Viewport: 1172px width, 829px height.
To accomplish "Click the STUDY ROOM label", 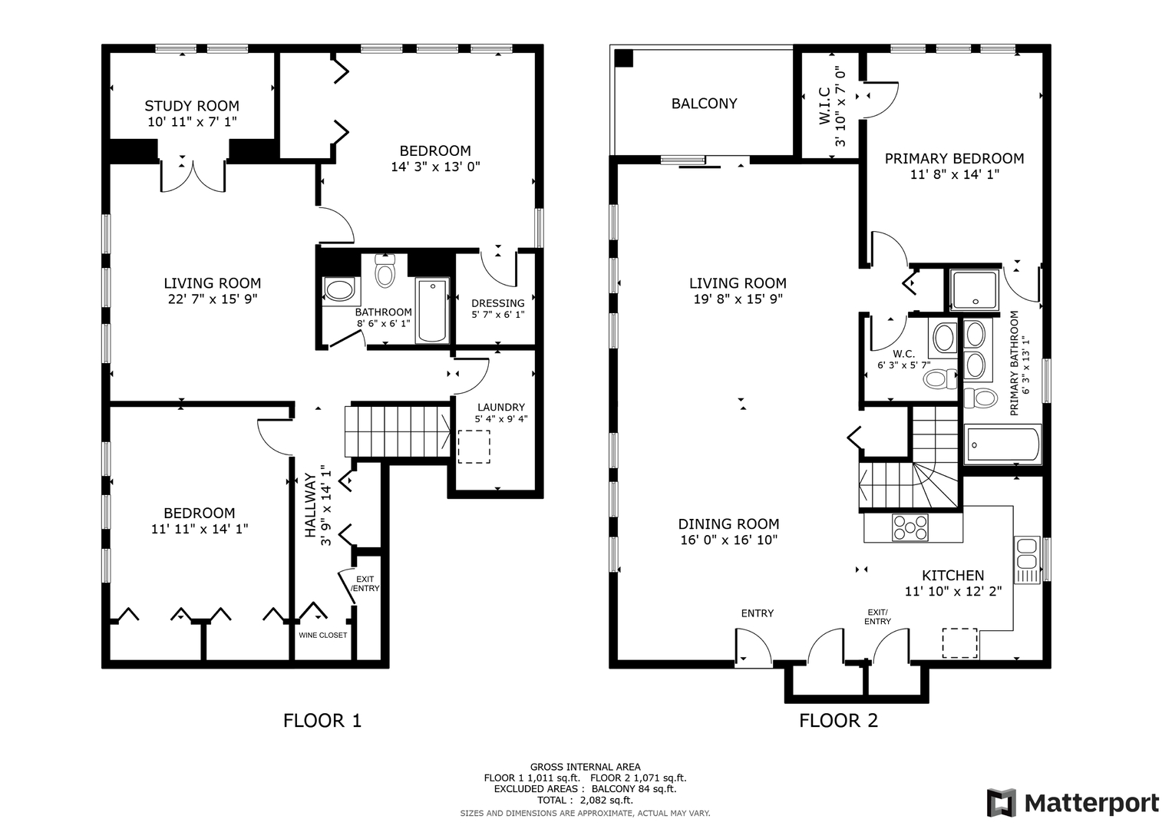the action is point(192,106).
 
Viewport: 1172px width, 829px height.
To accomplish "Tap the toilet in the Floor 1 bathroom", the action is point(385,270).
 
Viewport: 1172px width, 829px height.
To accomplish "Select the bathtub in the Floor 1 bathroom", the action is point(432,310).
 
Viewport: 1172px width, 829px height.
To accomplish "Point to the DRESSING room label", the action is point(497,303).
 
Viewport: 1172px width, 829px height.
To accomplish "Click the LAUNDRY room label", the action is point(500,407).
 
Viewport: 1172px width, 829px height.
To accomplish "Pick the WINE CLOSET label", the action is point(323,636).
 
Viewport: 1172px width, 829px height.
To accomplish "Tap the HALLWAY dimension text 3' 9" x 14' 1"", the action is point(326,506).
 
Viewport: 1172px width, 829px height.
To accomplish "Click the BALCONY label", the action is point(705,104).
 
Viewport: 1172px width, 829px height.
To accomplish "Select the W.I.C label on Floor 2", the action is point(825,106).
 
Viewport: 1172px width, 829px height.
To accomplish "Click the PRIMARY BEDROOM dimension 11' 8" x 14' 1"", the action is point(954,174).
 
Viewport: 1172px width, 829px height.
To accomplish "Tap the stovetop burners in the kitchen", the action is point(910,527).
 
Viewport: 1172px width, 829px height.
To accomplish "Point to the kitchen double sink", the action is point(1027,560).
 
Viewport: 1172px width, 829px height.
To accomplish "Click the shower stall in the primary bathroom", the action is point(974,289).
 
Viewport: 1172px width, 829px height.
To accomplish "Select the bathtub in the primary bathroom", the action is point(1002,445).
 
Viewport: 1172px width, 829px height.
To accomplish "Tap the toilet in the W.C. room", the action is point(941,378).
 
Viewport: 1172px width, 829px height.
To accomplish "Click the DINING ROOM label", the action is point(728,523).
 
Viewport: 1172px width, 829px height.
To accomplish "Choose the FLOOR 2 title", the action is point(838,721).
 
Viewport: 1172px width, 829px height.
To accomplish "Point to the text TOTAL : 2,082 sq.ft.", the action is point(585,800).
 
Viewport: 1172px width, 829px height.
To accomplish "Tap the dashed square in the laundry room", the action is point(474,447).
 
